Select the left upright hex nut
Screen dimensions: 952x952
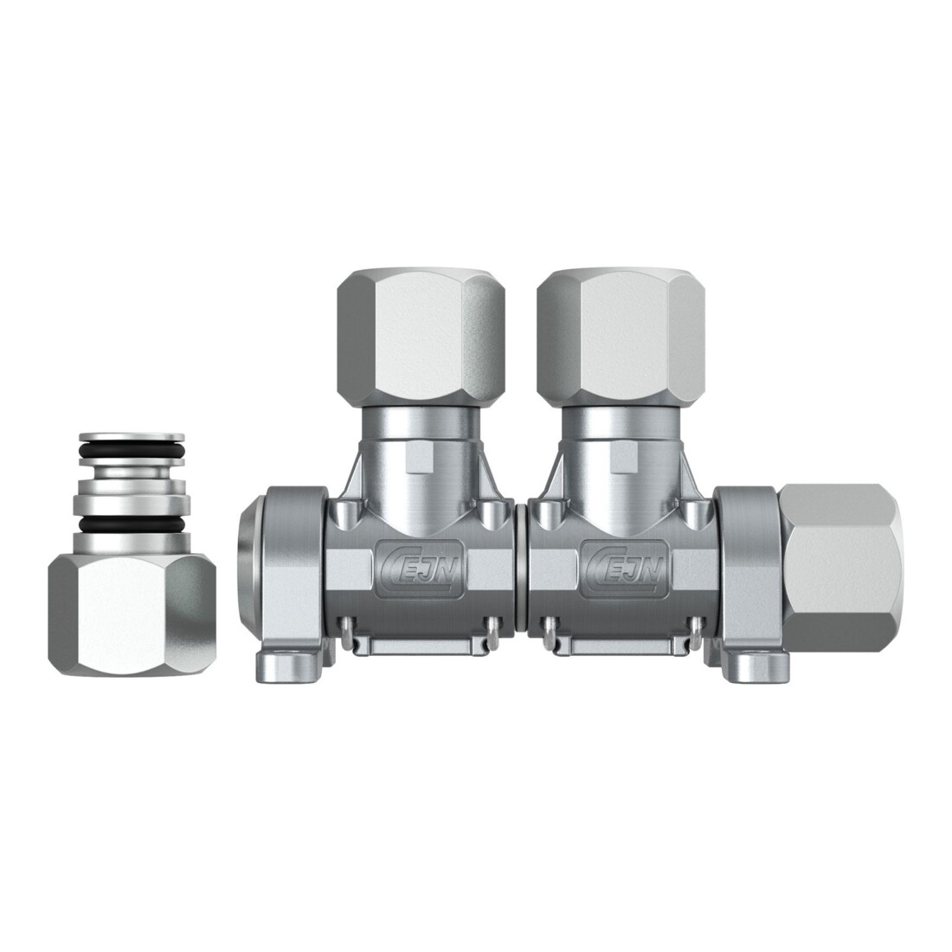(421, 338)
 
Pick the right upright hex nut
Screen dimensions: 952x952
(621, 338)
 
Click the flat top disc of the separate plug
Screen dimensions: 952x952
(132, 437)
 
